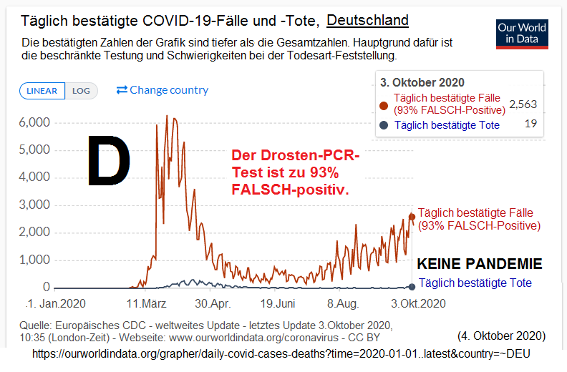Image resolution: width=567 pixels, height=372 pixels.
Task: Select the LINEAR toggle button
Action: click(x=42, y=91)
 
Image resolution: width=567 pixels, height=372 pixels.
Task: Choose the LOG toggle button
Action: click(x=81, y=91)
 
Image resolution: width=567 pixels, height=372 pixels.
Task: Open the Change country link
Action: click(x=163, y=90)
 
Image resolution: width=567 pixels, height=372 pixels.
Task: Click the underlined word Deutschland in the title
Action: click(x=367, y=20)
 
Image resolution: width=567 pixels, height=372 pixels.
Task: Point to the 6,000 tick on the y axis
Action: click(x=34, y=123)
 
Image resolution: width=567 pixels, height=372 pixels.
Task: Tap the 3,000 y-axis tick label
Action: click(x=34, y=205)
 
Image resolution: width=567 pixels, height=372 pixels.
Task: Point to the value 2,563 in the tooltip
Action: click(x=523, y=104)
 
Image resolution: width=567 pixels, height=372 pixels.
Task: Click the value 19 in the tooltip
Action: click(x=530, y=124)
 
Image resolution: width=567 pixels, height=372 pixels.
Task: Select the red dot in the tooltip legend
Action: click(x=383, y=104)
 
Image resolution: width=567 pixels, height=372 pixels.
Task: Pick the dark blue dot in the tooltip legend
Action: click(x=383, y=125)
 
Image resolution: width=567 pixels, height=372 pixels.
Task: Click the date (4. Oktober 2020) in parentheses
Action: click(x=501, y=335)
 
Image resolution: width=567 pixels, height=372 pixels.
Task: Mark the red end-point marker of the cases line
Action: click(x=412, y=217)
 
